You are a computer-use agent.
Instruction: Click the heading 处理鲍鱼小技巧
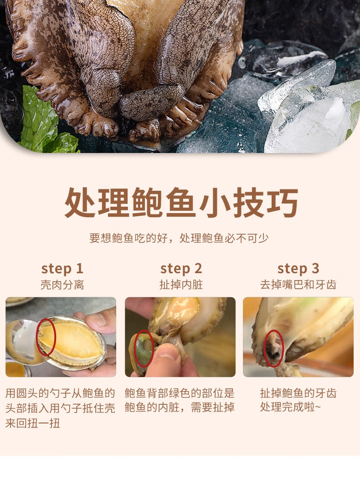pos(181,203)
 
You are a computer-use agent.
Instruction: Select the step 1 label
pos(62,269)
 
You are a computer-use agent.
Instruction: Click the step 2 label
pos(181,269)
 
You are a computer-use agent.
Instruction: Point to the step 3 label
pos(298,269)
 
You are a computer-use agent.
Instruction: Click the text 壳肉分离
pos(62,285)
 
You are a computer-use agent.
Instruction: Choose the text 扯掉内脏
pos(181,285)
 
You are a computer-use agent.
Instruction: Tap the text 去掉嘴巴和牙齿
pos(298,285)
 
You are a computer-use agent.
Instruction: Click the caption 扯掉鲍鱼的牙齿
pos(298,393)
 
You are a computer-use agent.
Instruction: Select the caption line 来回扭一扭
pos(33,423)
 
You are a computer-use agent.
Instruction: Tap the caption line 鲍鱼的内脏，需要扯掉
pos(180,407)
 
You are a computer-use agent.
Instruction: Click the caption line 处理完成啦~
pos(291,407)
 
